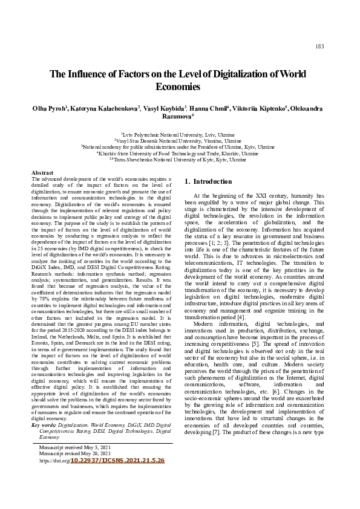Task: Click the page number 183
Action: click(319, 47)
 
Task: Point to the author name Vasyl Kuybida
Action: click(165, 108)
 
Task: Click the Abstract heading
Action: click(42, 173)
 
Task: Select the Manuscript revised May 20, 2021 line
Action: click(74, 453)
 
